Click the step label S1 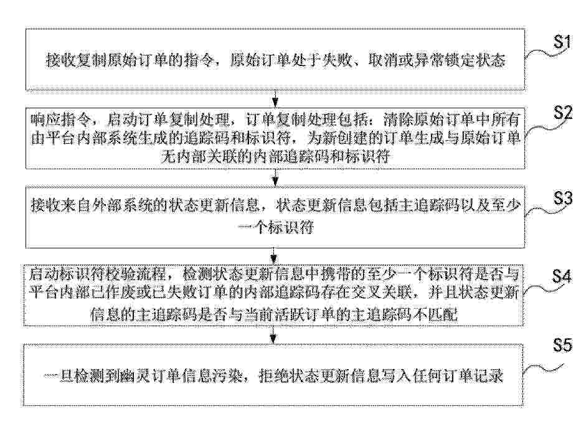563,42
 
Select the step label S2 563,112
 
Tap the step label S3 563,199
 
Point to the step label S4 562,276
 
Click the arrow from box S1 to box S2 275,98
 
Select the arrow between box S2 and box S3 275,177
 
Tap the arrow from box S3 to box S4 274,255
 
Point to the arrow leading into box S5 273,335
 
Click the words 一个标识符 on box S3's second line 276,227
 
